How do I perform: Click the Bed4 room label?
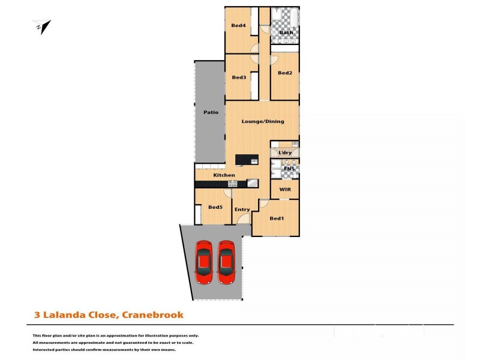click(238, 25)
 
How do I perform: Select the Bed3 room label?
click(239, 77)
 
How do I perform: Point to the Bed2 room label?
click(285, 73)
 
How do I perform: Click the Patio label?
click(211, 112)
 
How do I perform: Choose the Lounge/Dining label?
click(262, 121)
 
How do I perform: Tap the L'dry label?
click(285, 153)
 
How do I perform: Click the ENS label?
click(289, 169)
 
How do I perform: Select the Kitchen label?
click(224, 175)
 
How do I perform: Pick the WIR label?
click(285, 189)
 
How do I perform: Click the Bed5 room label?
click(215, 208)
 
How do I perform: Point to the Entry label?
click(242, 209)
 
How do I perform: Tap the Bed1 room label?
click(277, 218)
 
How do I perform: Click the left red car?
click(203, 262)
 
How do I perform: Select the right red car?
click(226, 262)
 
